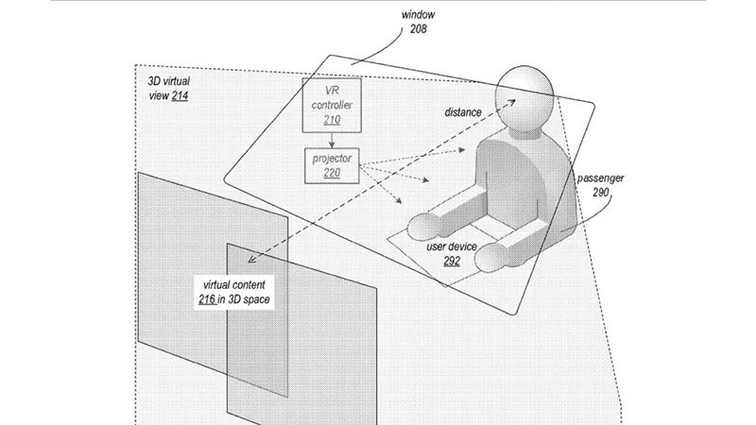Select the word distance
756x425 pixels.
pyautogui.click(x=462, y=112)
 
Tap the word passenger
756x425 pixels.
pyautogui.click(x=601, y=177)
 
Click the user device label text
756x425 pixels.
pyautogui.click(x=451, y=246)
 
